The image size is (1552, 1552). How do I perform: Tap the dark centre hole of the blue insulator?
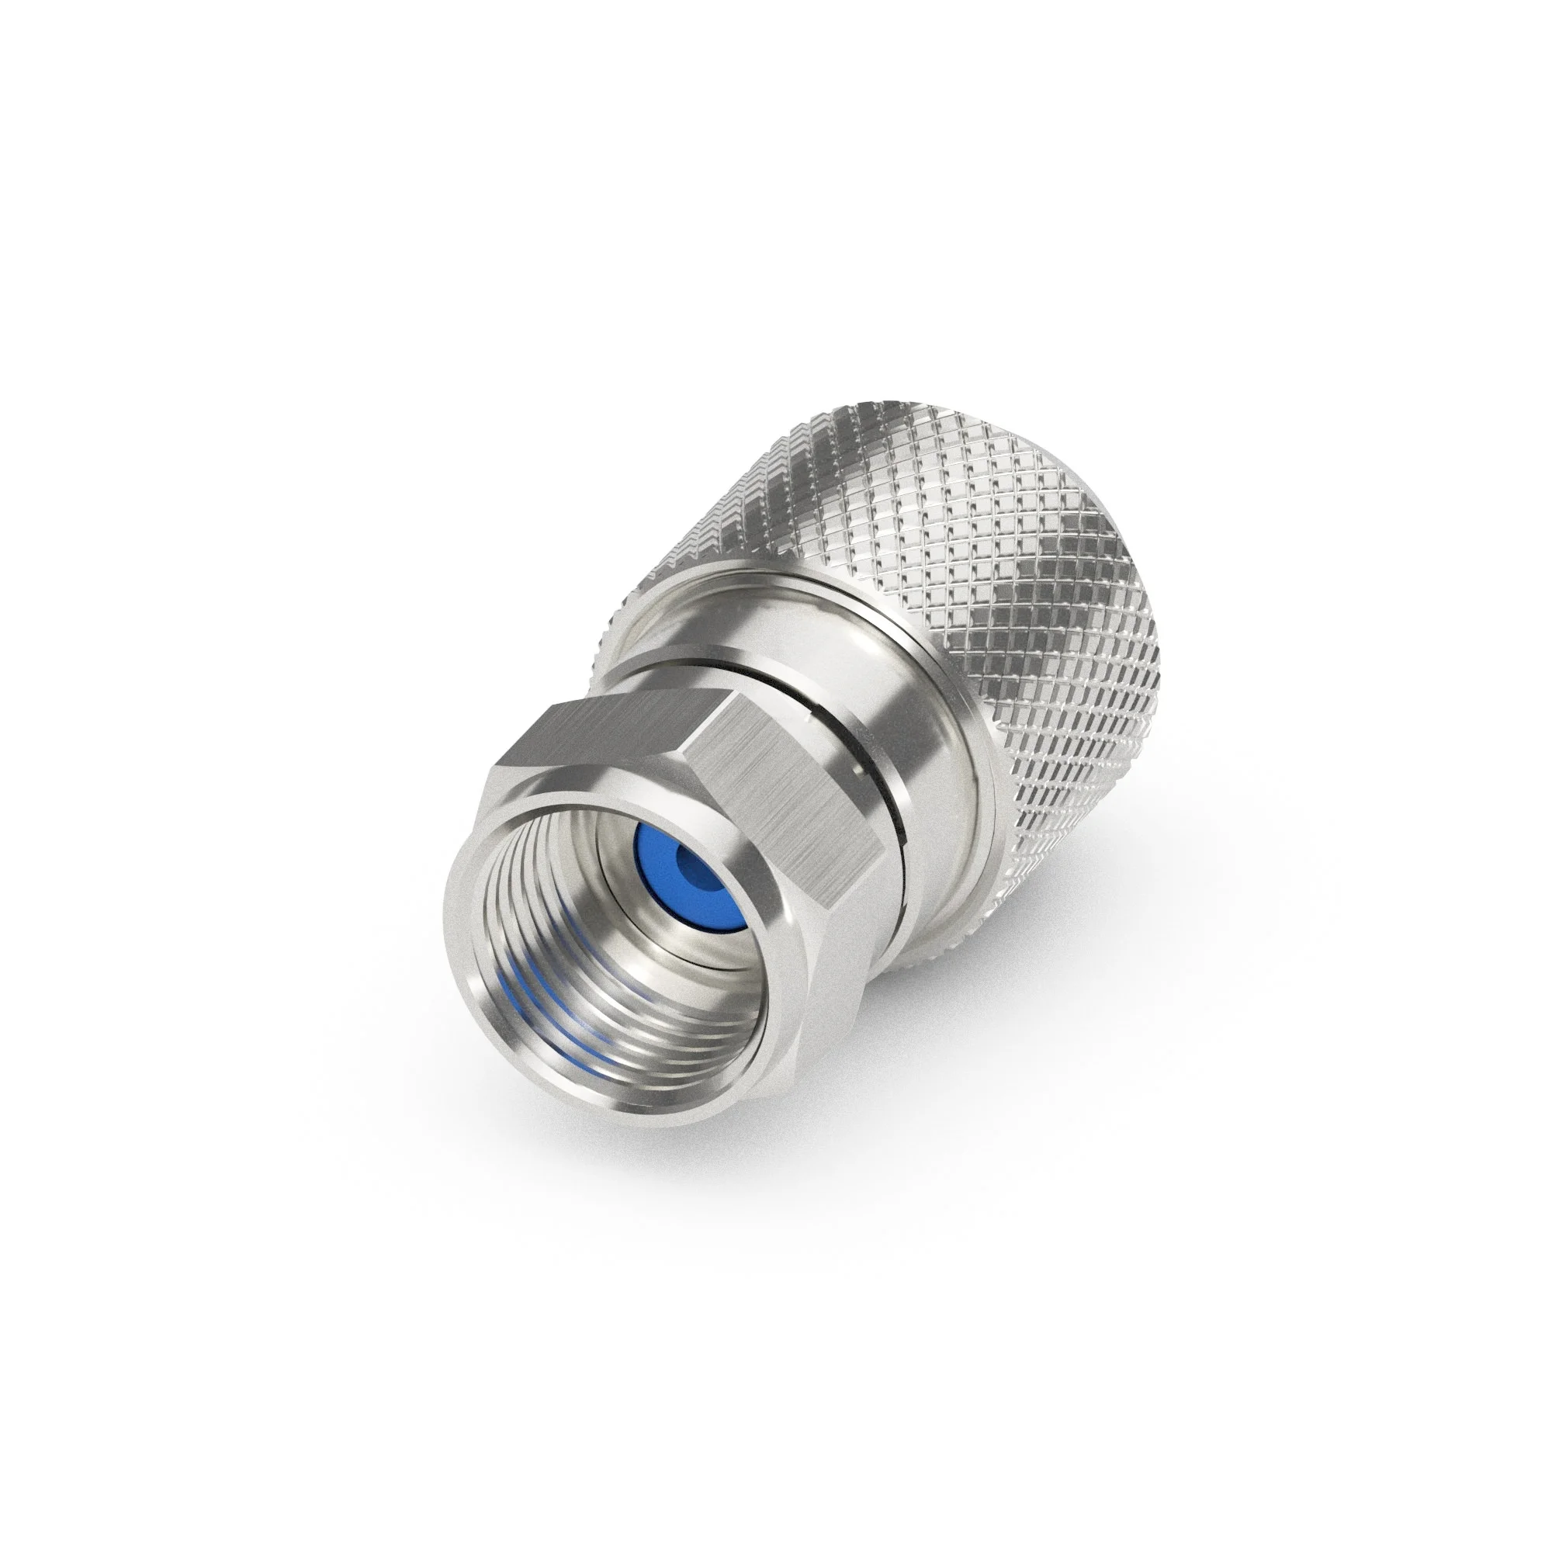(x=689, y=867)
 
